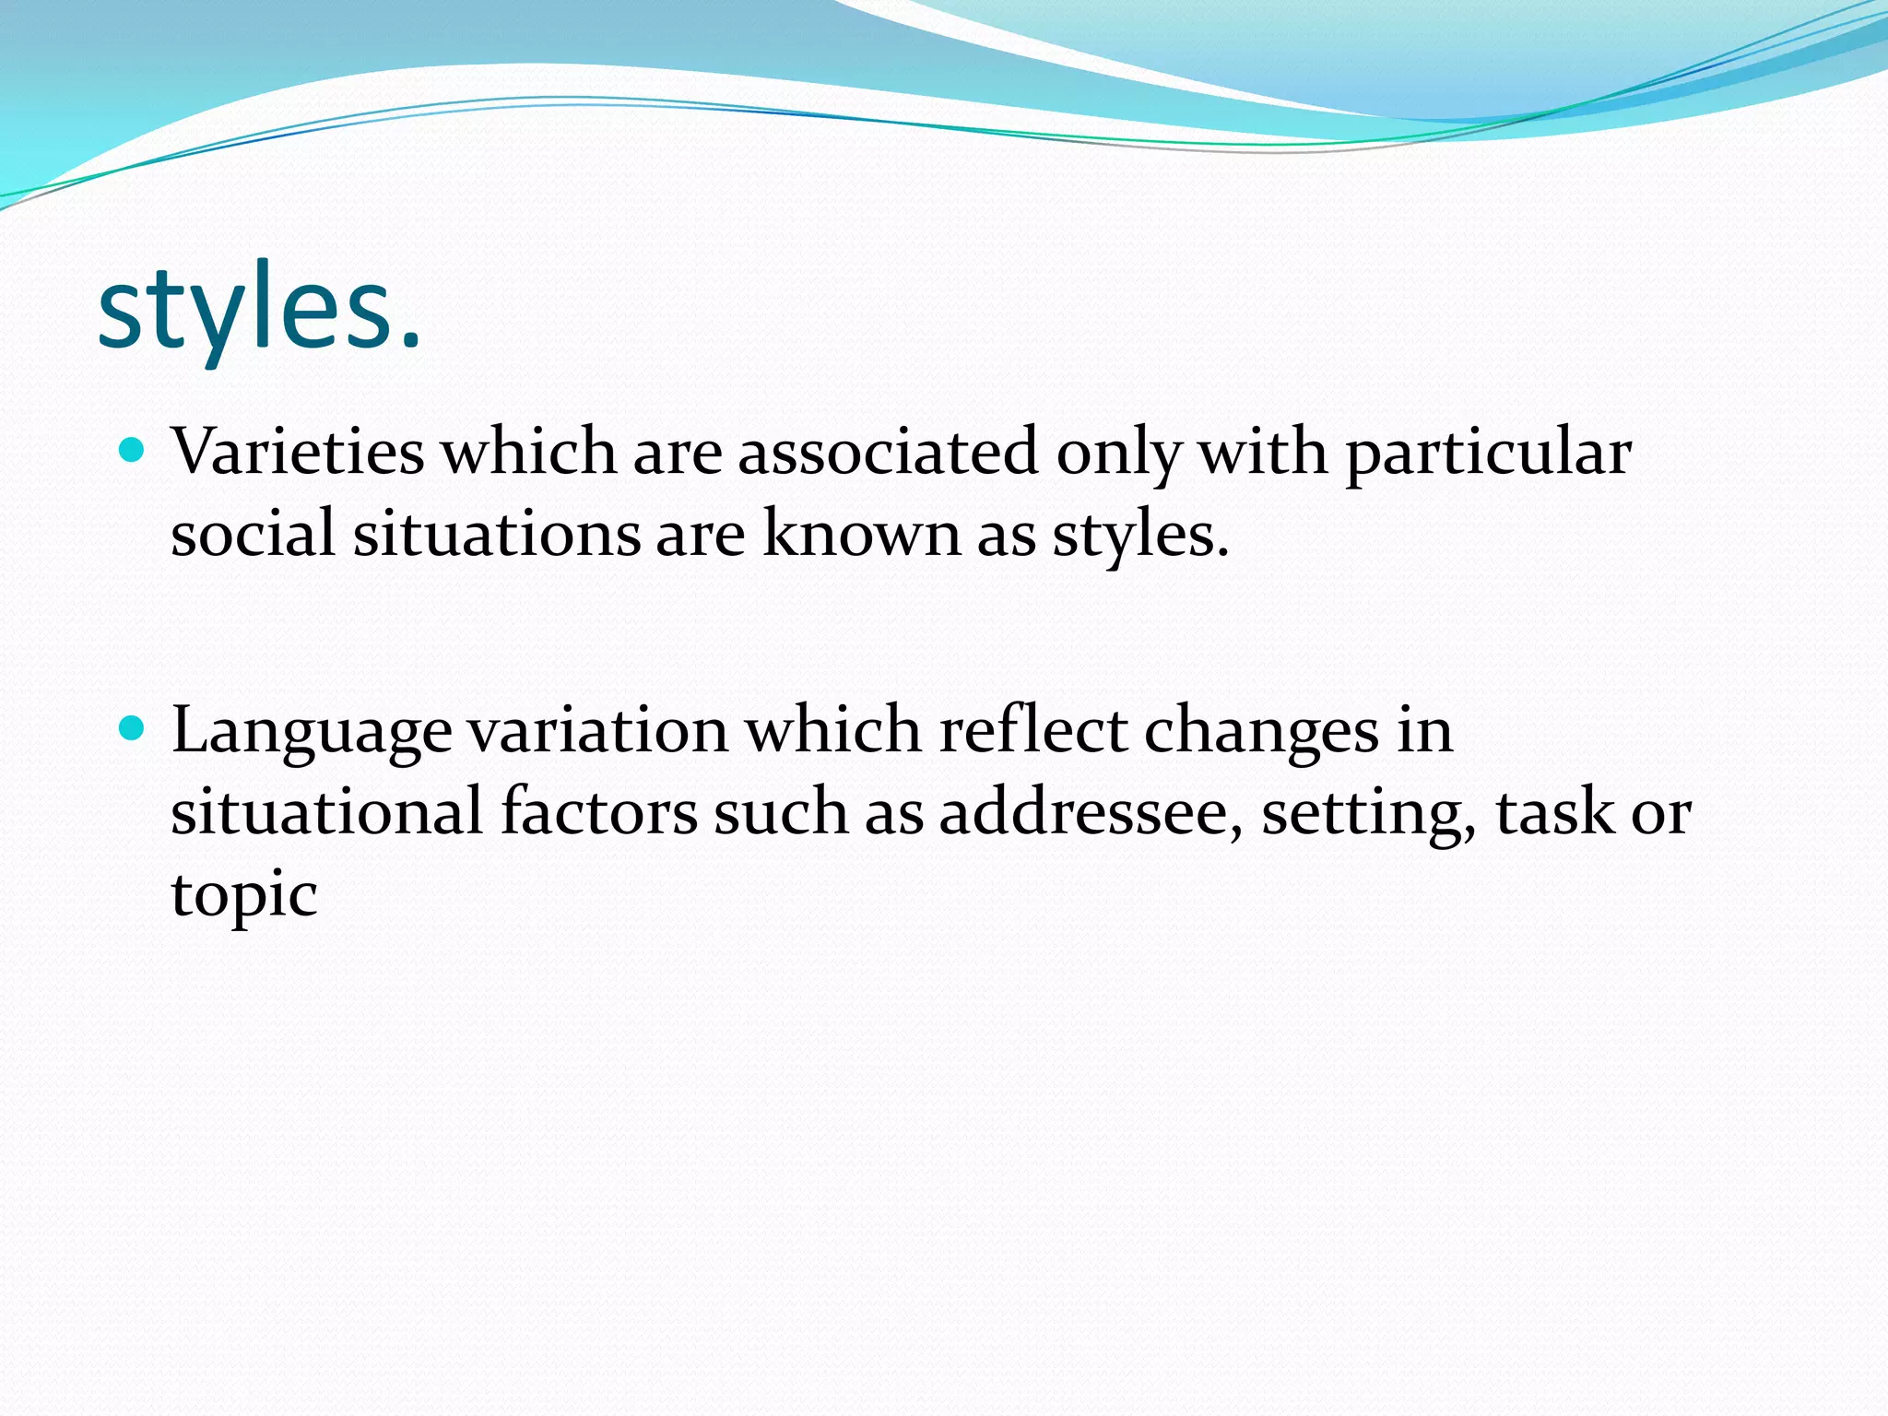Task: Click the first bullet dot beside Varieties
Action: click(x=134, y=451)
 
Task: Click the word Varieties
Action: click(x=298, y=453)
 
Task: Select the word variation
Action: click(x=598, y=731)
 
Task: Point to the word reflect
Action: click(x=1032, y=731)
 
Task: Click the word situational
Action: click(x=326, y=812)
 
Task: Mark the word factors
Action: click(x=598, y=812)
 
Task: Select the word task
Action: click(x=1554, y=812)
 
